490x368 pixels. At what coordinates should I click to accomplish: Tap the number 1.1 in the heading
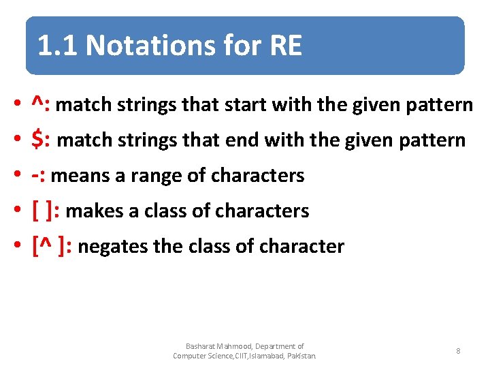(59, 46)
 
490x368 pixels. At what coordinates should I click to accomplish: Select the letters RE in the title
(286, 46)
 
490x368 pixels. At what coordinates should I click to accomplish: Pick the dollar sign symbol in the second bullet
(38, 140)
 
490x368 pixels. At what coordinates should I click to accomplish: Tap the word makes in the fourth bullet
(90, 211)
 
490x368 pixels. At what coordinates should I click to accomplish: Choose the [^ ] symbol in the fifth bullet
(50, 246)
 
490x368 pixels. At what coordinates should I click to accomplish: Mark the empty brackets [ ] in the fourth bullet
(44, 211)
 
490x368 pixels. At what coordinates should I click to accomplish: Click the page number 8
(458, 351)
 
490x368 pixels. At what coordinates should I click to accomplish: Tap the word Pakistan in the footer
(300, 356)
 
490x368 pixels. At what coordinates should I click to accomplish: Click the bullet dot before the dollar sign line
(16, 141)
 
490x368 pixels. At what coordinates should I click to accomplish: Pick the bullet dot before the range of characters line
(16, 177)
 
